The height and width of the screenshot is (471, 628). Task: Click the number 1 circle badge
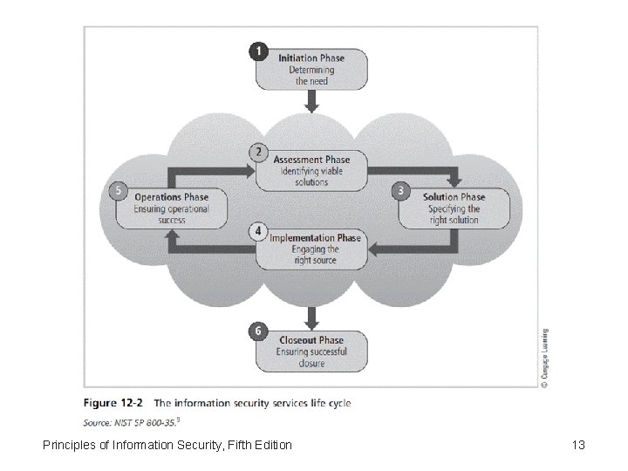pos(258,51)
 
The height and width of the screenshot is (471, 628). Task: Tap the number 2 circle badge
pos(257,152)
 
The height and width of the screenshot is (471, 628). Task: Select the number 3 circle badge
pos(400,189)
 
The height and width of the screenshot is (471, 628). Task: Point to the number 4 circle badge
pos(257,231)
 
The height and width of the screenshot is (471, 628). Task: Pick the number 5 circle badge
pos(118,189)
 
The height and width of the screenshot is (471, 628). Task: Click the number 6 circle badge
pos(257,331)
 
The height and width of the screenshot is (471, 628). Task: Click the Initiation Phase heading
pos(311,58)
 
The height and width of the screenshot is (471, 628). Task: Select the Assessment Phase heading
pos(311,160)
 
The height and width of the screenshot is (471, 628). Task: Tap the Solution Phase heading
pos(454,197)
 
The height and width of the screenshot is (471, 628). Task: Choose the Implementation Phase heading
pos(315,238)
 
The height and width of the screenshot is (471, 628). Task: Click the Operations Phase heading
pos(171,197)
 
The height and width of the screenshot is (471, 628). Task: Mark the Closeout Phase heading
pos(311,340)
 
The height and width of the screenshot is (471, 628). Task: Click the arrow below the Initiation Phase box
pos(311,102)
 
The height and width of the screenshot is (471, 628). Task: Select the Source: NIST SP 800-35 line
pos(132,420)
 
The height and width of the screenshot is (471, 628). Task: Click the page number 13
pos(578,446)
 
